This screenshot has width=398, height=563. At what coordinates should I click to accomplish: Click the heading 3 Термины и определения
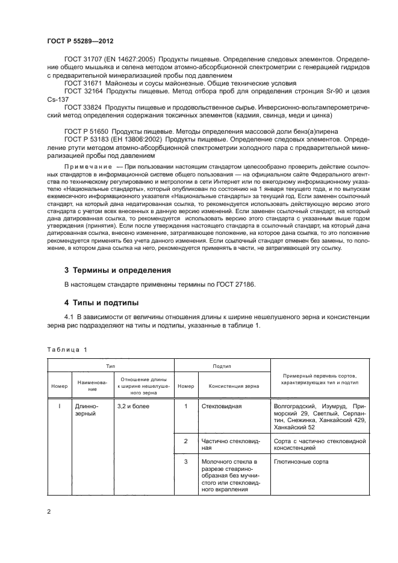[x=117, y=270]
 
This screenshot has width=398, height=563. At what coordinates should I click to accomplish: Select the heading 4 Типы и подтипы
[x=101, y=302]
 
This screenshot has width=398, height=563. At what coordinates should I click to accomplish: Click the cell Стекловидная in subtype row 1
[x=221, y=406]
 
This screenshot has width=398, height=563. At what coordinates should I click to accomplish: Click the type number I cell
[x=59, y=406]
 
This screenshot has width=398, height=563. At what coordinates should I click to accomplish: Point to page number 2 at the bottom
[x=49, y=512]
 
